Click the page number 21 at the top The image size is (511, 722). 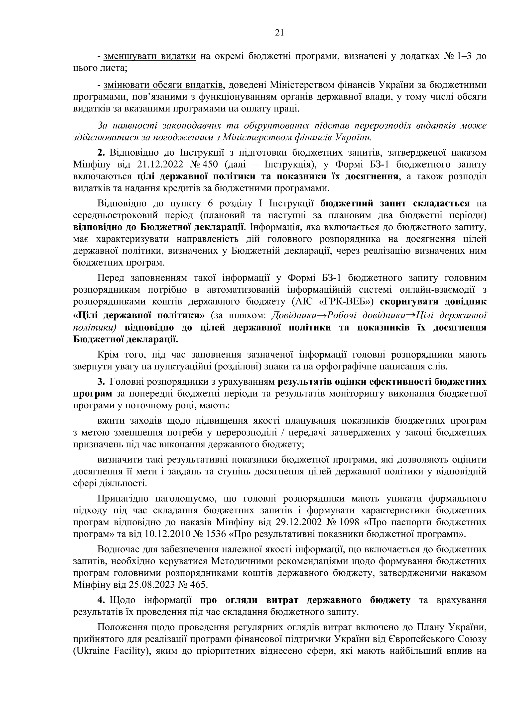tap(279, 33)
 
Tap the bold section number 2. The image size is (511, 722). tap(101, 153)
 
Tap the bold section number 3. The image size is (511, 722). tap(101, 381)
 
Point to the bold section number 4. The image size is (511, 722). tap(101, 600)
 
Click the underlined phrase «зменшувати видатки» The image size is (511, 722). tap(150, 56)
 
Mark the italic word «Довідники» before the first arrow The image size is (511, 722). tap(293, 315)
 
